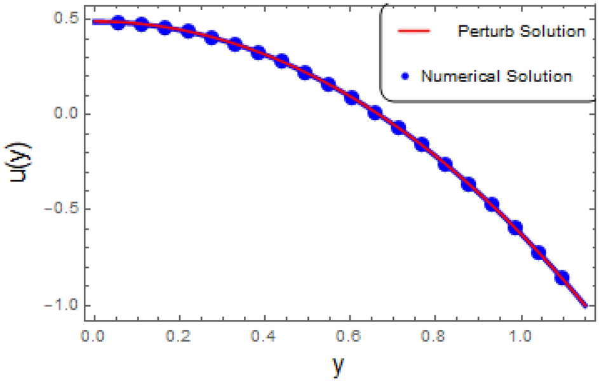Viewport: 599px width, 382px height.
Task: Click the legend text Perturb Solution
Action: click(521, 31)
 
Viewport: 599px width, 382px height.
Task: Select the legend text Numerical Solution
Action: click(497, 76)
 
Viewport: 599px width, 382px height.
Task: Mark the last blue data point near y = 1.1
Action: click(562, 277)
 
